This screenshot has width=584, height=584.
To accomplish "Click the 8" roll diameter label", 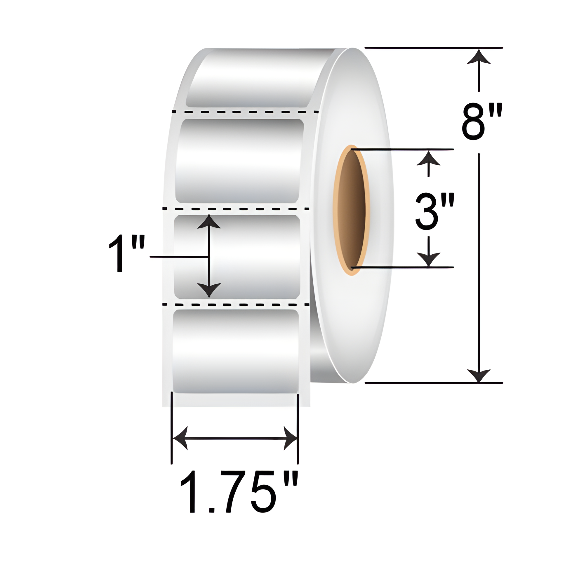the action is [x=482, y=122].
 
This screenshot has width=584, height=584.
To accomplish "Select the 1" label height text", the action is [x=127, y=254].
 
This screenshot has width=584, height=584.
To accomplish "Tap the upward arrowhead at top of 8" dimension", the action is [x=479, y=57].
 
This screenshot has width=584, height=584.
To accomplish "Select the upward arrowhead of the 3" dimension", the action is [x=428, y=157].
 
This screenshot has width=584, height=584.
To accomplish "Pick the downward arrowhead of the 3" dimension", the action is [x=428, y=260].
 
